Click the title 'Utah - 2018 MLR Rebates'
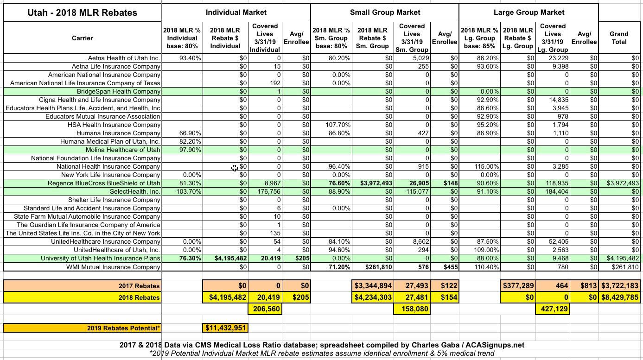[x=82, y=13]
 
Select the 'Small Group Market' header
[x=385, y=13]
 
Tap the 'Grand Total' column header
[x=619, y=38]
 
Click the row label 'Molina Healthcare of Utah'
[x=123, y=150]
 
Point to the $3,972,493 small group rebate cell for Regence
[x=376, y=183]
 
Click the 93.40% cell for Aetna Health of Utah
[x=190, y=58]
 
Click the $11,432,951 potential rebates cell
[x=225, y=328]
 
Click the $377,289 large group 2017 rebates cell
[x=518, y=286]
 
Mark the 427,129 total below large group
[x=554, y=309]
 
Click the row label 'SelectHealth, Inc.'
[x=135, y=191]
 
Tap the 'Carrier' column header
[x=82, y=38]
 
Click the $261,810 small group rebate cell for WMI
[x=376, y=267]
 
